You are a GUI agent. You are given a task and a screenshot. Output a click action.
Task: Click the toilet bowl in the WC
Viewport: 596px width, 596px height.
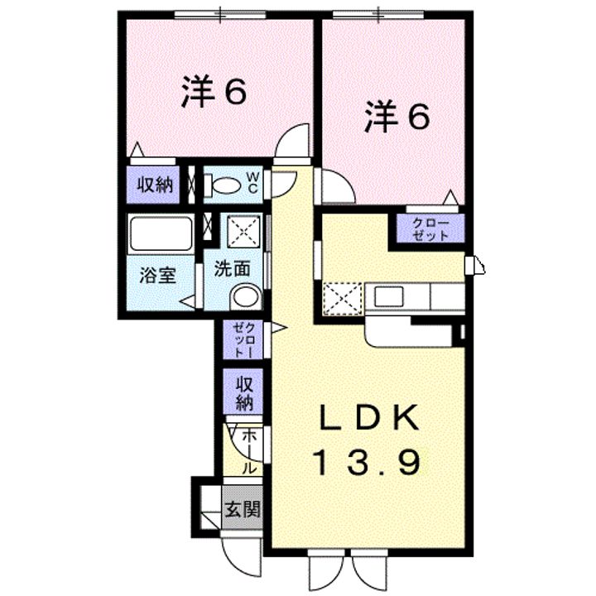click(223, 185)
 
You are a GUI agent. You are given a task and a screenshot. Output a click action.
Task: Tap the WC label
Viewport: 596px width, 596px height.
click(252, 183)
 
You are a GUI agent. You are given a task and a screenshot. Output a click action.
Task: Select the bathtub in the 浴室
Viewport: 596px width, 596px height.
click(160, 233)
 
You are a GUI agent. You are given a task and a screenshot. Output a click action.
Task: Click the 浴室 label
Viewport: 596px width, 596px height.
click(158, 275)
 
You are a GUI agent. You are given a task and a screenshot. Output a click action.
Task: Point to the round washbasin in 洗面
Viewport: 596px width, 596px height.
click(246, 296)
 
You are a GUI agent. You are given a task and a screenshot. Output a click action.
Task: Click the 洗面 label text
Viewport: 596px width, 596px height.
click(233, 268)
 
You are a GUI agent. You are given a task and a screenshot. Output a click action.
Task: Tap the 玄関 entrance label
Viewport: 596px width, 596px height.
click(243, 509)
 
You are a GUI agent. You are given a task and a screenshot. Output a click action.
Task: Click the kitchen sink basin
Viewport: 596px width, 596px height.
click(388, 296)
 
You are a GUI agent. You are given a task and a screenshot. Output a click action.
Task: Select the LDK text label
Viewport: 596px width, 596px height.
click(369, 417)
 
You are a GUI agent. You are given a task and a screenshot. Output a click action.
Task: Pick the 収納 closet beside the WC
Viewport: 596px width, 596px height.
click(153, 185)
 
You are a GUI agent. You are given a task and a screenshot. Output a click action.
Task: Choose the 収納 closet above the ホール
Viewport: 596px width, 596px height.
click(243, 392)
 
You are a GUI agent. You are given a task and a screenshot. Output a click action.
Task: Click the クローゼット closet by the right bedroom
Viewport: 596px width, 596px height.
click(430, 228)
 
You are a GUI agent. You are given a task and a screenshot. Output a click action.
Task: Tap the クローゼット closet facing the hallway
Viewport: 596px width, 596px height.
click(243, 339)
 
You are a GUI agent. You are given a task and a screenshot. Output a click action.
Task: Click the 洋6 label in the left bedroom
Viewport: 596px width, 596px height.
click(214, 92)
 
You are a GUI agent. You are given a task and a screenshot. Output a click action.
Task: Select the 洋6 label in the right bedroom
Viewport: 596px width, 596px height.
click(397, 117)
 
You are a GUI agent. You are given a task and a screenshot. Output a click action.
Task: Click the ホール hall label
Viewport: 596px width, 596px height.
click(249, 452)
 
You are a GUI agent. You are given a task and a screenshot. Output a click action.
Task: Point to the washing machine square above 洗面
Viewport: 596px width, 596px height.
click(243, 232)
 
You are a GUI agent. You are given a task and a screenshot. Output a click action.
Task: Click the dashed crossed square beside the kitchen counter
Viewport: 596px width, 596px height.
click(343, 299)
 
